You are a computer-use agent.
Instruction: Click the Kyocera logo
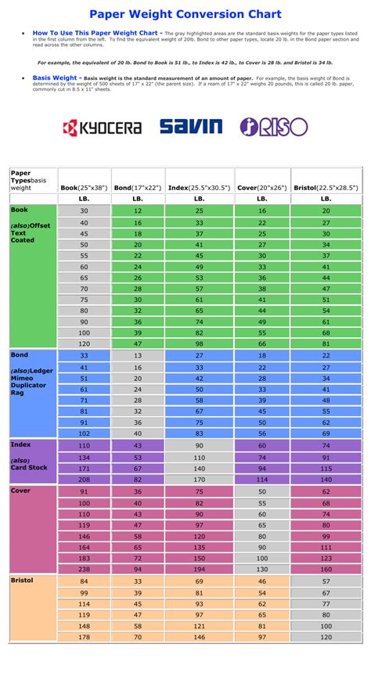coord(103,127)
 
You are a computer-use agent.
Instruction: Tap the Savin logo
coord(191,127)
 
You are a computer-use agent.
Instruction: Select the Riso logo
coord(273,127)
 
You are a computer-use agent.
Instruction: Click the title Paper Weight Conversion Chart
coord(185,13)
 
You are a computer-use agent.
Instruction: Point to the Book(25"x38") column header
coord(84,188)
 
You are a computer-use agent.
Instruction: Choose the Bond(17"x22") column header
coord(138,188)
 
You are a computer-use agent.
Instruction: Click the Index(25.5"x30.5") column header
coord(200,188)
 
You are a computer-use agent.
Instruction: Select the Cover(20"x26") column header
coord(262,188)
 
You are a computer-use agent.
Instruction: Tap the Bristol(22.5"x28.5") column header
coord(326,188)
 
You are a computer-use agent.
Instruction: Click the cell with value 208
coord(84,479)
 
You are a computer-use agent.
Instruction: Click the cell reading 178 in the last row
coord(84,638)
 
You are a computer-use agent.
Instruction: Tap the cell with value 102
coord(84,433)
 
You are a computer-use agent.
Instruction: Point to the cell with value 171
coord(84,468)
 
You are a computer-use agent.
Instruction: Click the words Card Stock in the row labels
coord(29,468)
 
